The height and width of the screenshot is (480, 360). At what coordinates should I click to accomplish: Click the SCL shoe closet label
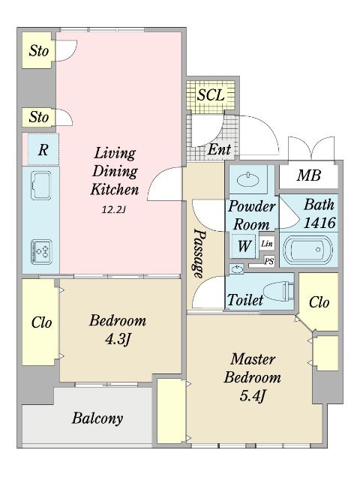pyautogui.click(x=211, y=94)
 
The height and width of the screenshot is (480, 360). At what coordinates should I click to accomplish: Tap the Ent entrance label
pyautogui.click(x=219, y=150)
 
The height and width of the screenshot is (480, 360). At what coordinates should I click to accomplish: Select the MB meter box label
pyautogui.click(x=309, y=175)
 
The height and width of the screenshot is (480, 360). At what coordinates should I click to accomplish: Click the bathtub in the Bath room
pyautogui.click(x=308, y=250)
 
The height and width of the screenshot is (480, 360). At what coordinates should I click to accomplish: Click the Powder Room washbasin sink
pyautogui.click(x=248, y=179)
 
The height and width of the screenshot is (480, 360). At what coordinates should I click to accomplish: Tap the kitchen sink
pyautogui.click(x=40, y=185)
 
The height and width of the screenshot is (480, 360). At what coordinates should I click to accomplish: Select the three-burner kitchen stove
pyautogui.click(x=41, y=252)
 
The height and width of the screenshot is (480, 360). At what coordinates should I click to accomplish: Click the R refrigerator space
pyautogui.click(x=43, y=150)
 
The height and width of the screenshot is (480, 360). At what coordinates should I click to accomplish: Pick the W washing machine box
pyautogui.click(x=244, y=245)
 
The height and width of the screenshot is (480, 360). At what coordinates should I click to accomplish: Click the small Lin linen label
pyautogui.click(x=267, y=244)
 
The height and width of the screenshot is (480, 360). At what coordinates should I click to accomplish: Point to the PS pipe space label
pyautogui.click(x=269, y=262)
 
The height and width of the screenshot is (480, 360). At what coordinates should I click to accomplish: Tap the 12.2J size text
pyautogui.click(x=114, y=210)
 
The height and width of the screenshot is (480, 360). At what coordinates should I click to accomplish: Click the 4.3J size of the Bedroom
pyautogui.click(x=118, y=340)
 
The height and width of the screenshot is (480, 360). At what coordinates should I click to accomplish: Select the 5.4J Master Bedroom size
pyautogui.click(x=253, y=397)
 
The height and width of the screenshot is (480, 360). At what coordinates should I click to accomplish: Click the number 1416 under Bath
pyautogui.click(x=319, y=223)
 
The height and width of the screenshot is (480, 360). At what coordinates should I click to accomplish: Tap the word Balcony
pyautogui.click(x=97, y=418)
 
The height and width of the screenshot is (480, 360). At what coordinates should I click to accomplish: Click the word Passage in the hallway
pyautogui.click(x=198, y=253)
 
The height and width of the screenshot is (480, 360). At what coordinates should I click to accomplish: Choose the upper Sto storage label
pyautogui.click(x=38, y=51)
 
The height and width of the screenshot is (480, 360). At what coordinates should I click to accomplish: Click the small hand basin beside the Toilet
pyautogui.click(x=236, y=269)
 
